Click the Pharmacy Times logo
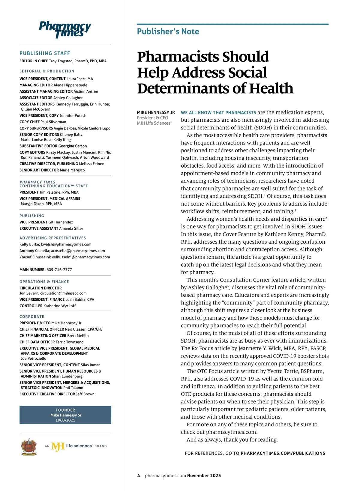[65, 29]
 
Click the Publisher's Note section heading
[168, 31]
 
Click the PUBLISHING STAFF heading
[45, 53]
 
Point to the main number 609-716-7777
[59, 269]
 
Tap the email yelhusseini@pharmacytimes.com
[81, 257]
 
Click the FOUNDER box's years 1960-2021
[65, 420]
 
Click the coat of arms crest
[29, 446]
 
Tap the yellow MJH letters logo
[58, 446]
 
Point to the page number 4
[139, 475]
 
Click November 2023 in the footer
[204, 475]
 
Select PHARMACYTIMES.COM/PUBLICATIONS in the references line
[283, 453]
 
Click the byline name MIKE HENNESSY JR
[156, 112]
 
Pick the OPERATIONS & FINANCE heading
[44, 282]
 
